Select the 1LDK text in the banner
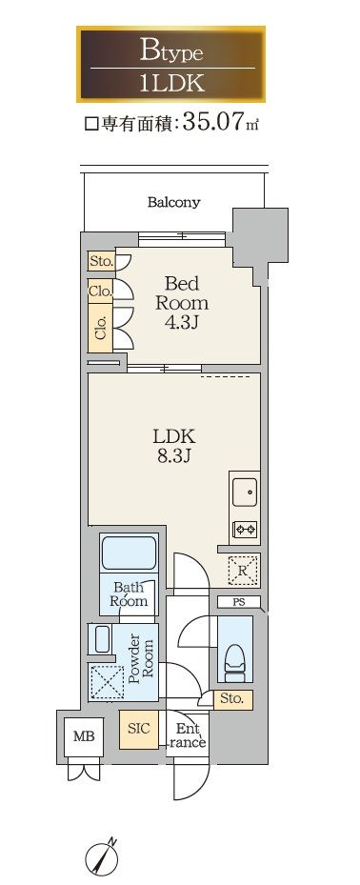[x=171, y=84]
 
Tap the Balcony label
[x=173, y=202]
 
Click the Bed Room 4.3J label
[x=181, y=303]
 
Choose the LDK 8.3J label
[x=173, y=446]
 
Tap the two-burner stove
[x=246, y=530]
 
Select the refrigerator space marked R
[x=242, y=570]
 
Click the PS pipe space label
[x=239, y=602]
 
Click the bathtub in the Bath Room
[x=128, y=553]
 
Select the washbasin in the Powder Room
[x=102, y=639]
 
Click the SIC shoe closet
[x=138, y=728]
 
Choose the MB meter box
[x=84, y=736]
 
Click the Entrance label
[x=187, y=736]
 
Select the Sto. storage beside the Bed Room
[x=101, y=261]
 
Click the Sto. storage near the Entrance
[x=232, y=698]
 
